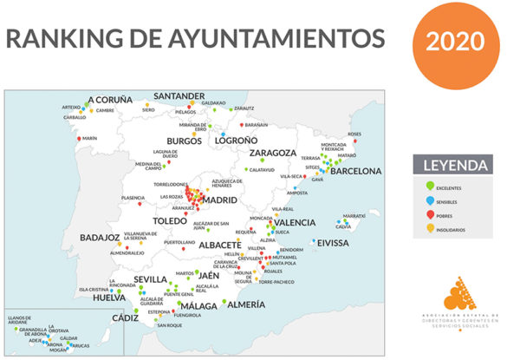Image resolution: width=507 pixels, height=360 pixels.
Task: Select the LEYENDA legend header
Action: click(x=452, y=165)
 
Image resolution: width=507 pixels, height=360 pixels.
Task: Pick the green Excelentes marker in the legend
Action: click(x=432, y=186)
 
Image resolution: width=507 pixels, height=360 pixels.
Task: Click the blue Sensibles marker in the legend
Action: click(x=432, y=202)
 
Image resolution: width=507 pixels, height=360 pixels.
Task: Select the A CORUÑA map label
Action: click(x=110, y=100)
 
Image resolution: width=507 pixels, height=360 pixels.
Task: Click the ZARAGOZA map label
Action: click(x=273, y=154)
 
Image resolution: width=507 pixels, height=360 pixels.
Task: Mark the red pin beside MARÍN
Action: click(x=80, y=139)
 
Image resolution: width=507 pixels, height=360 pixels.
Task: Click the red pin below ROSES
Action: click(x=352, y=141)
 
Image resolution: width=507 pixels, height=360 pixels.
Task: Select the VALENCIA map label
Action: click(x=296, y=222)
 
